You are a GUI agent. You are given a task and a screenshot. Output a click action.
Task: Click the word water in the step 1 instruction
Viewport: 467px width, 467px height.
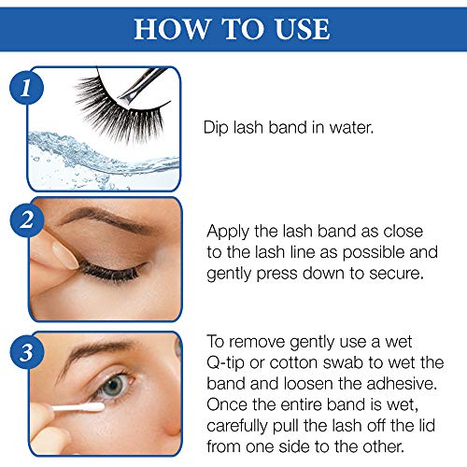click(350, 125)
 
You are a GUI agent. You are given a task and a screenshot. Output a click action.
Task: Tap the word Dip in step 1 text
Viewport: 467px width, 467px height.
click(217, 125)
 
